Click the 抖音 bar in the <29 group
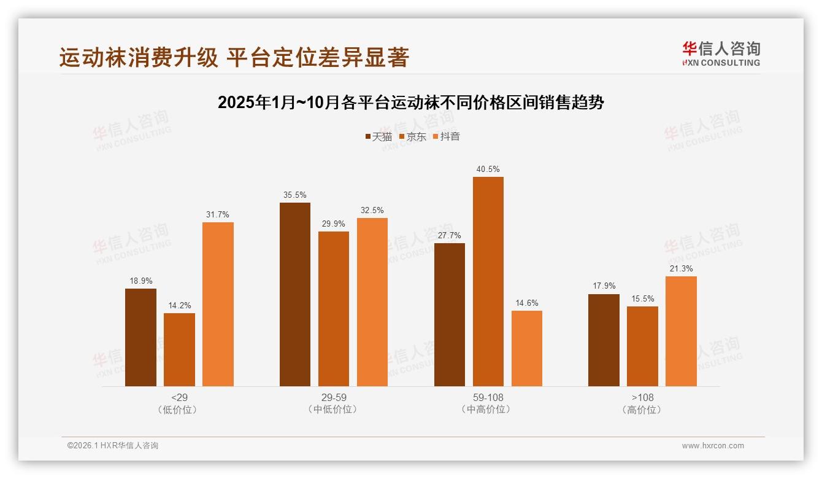[218, 304]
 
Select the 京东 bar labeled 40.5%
[488, 281]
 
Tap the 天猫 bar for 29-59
[295, 294]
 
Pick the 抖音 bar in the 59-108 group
[526, 348]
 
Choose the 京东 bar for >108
[642, 346]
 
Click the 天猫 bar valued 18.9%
[140, 337]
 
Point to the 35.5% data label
[295, 195]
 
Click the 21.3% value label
[681, 269]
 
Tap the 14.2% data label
[179, 306]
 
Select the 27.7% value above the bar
[449, 236]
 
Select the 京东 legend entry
[412, 136]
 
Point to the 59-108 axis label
[488, 397]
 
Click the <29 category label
[179, 397]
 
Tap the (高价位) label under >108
[642, 410]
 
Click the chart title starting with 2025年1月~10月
[411, 103]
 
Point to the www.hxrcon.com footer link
[713, 446]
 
